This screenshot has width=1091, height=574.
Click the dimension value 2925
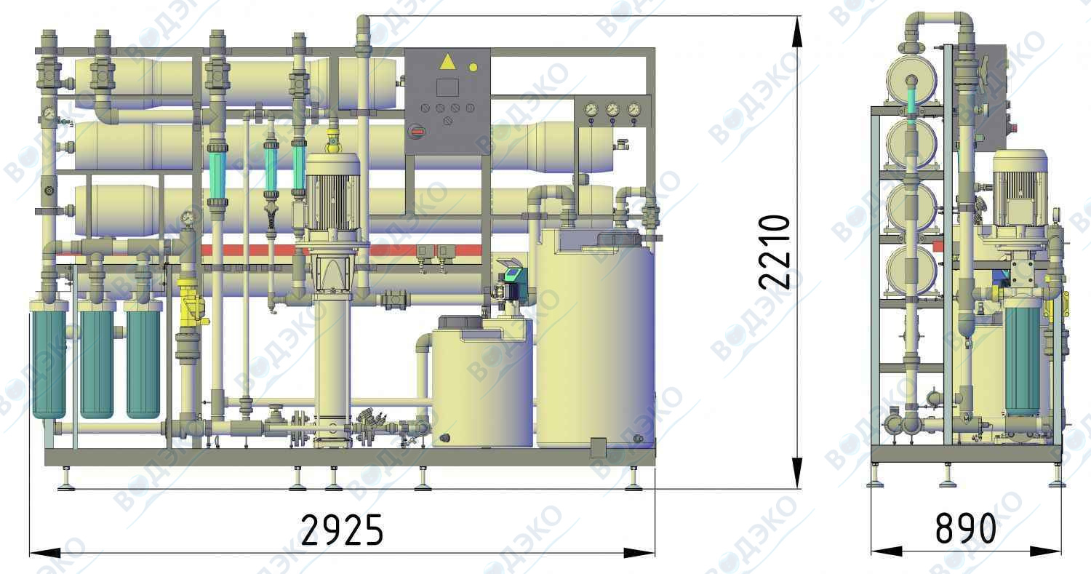point(342,530)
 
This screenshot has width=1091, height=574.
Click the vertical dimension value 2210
point(774,252)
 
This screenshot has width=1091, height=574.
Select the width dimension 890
point(965,528)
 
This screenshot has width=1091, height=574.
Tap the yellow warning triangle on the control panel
point(447,62)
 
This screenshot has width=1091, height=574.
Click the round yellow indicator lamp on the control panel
point(473,67)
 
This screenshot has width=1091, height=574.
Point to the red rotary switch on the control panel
point(417,131)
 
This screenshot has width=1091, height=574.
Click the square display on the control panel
point(447,88)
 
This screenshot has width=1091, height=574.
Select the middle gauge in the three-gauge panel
point(612,110)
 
